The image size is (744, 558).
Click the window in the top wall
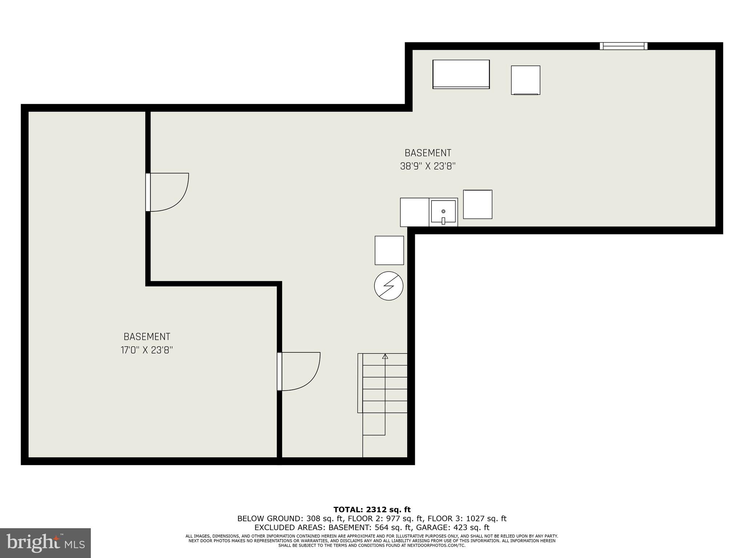623,46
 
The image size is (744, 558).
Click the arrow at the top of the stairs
385,356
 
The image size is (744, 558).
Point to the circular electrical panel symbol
389,286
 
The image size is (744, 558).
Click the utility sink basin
443,211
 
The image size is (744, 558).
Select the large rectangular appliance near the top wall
461,74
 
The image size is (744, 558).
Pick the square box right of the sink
478,204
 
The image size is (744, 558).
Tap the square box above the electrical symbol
389,250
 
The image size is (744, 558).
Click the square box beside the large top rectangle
525,80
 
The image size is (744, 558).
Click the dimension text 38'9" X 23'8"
428,166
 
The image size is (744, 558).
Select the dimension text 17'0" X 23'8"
147,350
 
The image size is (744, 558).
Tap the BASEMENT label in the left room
147,337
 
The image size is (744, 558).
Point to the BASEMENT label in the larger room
428,153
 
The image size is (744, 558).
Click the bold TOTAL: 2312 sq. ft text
372,510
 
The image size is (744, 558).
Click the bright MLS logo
45,543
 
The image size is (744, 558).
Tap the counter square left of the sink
415,212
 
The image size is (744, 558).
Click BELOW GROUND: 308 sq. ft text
292,519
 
